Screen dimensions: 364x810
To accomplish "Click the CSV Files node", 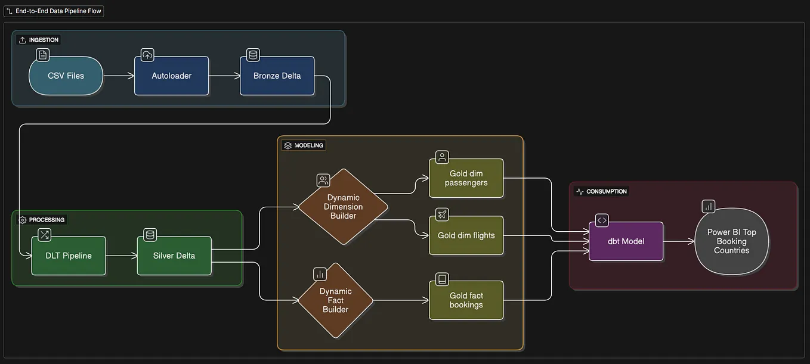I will pyautogui.click(x=66, y=76).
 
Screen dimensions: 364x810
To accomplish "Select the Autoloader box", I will pyautogui.click(x=171, y=76).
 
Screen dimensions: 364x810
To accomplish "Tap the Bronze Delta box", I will pyautogui.click(x=277, y=76).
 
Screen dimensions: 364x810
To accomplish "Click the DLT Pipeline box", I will pyautogui.click(x=69, y=256).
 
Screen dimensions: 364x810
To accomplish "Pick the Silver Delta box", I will pyautogui.click(x=174, y=256).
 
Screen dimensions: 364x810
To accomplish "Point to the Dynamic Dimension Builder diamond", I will pyautogui.click(x=343, y=207).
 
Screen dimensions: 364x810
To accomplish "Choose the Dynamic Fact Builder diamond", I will pyautogui.click(x=335, y=300).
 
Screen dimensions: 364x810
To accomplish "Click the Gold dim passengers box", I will pyautogui.click(x=466, y=178).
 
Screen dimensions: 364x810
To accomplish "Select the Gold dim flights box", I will pyautogui.click(x=466, y=235).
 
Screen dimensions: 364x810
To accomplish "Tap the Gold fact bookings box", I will pyautogui.click(x=466, y=300).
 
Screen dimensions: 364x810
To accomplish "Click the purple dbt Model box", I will pyautogui.click(x=626, y=241).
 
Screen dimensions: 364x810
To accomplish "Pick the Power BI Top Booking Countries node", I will pyautogui.click(x=731, y=241).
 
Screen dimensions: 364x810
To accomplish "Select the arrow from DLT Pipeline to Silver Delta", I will pyautogui.click(x=121, y=256).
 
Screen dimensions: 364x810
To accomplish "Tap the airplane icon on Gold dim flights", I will pyautogui.click(x=442, y=214).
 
